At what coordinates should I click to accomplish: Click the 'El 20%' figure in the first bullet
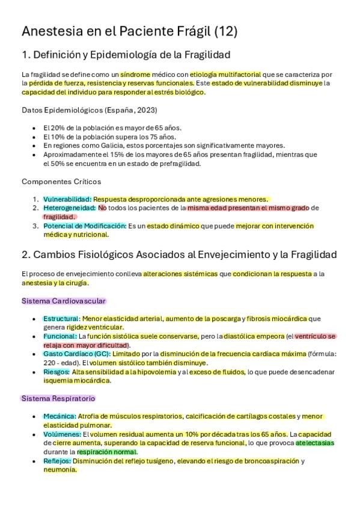click(52, 127)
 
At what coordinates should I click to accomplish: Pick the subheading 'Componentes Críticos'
click(61, 181)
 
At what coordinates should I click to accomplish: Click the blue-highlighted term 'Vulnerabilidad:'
click(67, 199)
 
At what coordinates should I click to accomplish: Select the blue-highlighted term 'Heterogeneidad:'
click(69, 208)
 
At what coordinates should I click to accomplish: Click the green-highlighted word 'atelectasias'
click(314, 443)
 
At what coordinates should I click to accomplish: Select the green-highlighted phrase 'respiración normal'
click(107, 452)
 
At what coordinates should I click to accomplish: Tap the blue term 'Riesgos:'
click(56, 372)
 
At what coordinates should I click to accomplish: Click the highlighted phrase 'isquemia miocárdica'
click(77, 381)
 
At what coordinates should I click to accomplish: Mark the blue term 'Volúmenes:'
click(62, 434)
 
